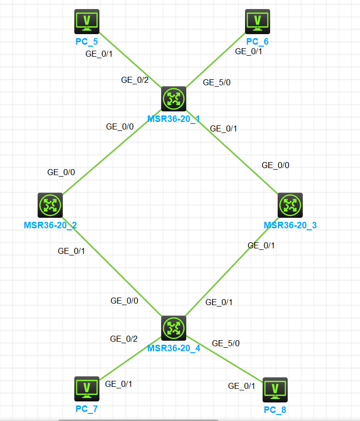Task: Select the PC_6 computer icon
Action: (x=258, y=21)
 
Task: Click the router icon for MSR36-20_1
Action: (x=174, y=98)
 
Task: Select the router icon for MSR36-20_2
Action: (x=50, y=205)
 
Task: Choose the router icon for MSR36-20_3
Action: (x=290, y=205)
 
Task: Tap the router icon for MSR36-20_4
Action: (x=174, y=328)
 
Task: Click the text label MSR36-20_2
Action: (x=50, y=225)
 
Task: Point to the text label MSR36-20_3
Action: (x=290, y=225)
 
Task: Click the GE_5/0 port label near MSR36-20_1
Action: (x=217, y=83)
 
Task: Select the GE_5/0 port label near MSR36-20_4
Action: (x=226, y=344)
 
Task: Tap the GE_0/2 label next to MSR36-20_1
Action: (x=135, y=80)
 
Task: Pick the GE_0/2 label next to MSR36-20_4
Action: (x=124, y=339)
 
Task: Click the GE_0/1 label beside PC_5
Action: (x=99, y=54)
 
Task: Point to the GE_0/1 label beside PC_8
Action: (x=242, y=386)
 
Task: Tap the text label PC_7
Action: (x=87, y=408)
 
